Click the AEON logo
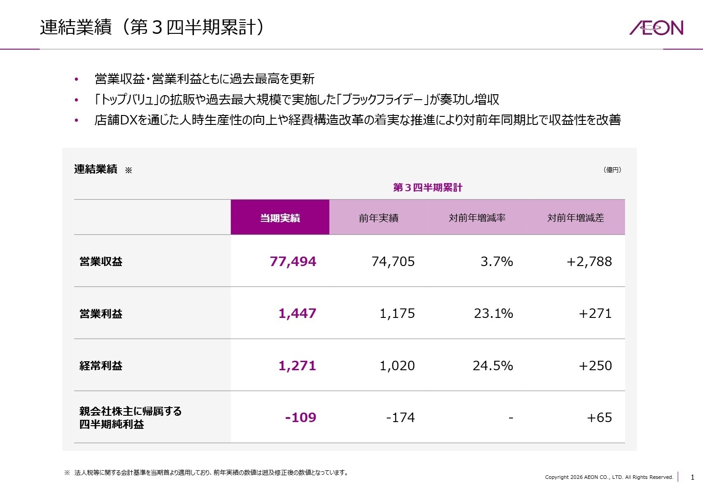[656, 28]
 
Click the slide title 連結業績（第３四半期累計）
[152, 28]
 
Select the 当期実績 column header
[280, 218]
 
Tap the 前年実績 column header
[379, 218]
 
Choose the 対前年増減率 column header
[477, 218]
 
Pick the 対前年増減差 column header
[575, 218]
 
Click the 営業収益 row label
[101, 262]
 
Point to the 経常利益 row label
[101, 366]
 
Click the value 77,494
[293, 262]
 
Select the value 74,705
[393, 262]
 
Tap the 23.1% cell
[493, 313]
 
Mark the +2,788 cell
[589, 262]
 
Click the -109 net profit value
[301, 418]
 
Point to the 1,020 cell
[397, 366]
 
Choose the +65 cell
[599, 418]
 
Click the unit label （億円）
[612, 170]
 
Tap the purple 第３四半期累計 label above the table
[428, 188]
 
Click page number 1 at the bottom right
[693, 477]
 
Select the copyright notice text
[609, 477]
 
